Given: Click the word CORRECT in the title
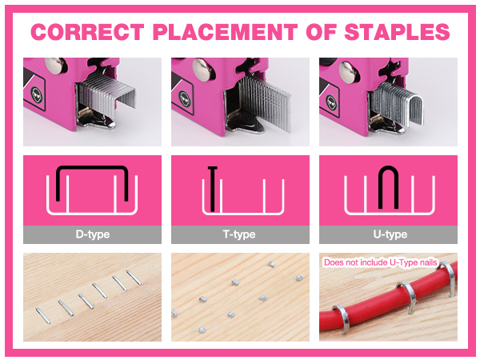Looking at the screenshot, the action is coord(87,32).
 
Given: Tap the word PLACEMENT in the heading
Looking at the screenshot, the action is coord(225,32).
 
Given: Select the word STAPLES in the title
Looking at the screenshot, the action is coord(397,32).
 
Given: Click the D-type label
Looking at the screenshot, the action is coord(93,234).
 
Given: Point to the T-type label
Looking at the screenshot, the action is coord(239,234).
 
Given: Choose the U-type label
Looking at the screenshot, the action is coord(390,234).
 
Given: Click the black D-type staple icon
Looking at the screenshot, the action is coord(92,168).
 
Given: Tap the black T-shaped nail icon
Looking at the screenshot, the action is coord(213,189).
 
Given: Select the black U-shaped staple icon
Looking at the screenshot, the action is coord(388,171).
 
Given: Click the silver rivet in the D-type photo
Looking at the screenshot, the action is coord(55,66).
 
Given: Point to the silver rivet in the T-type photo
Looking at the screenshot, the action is coord(202,70).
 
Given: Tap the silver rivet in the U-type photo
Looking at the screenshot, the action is coord(349,72).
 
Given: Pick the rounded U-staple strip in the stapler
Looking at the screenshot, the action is coord(398,103).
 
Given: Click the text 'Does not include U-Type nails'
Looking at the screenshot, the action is coord(381,262).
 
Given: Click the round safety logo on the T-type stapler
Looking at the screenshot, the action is coord(184,99).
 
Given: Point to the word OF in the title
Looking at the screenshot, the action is coord(321,32).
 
